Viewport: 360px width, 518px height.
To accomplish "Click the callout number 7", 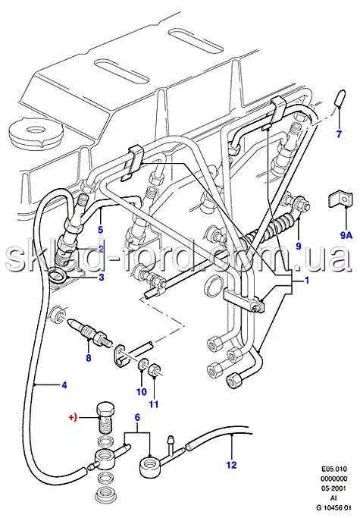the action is [340, 134].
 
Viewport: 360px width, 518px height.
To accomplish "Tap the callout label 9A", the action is [346, 235].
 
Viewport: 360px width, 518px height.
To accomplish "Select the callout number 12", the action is [231, 465].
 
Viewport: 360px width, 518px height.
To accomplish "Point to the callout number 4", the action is [64, 385].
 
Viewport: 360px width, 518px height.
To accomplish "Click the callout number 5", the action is [101, 229].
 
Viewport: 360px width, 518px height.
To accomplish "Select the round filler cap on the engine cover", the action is [36, 133].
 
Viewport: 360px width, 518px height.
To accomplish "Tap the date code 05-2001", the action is [334, 489].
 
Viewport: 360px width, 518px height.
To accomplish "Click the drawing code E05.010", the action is [334, 469].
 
